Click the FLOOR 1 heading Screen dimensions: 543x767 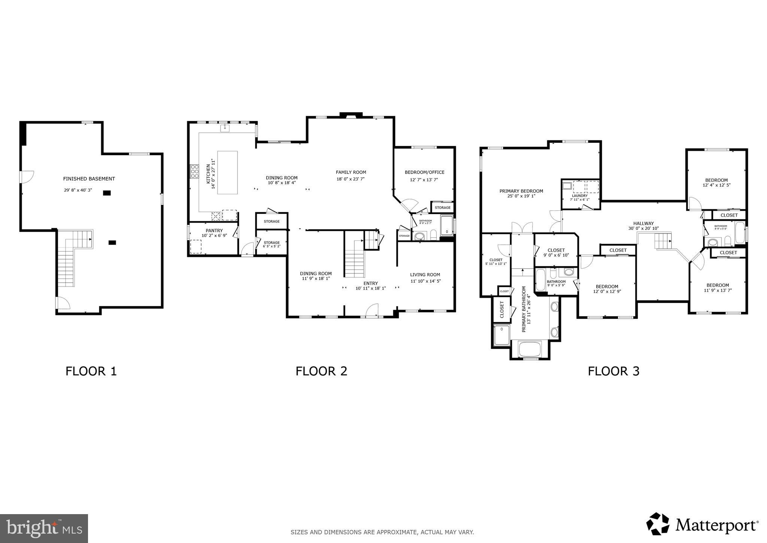[x=91, y=371]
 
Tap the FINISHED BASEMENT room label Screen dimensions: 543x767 [x=89, y=179]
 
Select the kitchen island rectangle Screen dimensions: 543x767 [x=227, y=172]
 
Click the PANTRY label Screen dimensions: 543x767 [x=214, y=231]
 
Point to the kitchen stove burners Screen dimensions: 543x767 [x=194, y=171]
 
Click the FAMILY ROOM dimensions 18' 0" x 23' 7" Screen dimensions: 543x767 [x=350, y=179]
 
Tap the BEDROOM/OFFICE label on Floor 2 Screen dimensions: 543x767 [x=424, y=172]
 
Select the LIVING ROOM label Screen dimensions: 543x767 [x=425, y=274]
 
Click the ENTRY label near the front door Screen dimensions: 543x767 [x=370, y=283]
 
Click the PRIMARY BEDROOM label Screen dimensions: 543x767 [x=521, y=191]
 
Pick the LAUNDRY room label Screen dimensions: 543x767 [x=579, y=196]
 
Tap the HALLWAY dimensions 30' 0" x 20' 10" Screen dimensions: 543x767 [x=643, y=228]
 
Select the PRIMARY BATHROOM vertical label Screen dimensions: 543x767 [x=524, y=309]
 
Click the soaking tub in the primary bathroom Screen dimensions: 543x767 [x=530, y=349]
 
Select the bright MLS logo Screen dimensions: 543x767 [x=44, y=528]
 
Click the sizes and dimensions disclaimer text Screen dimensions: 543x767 [x=382, y=532]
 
